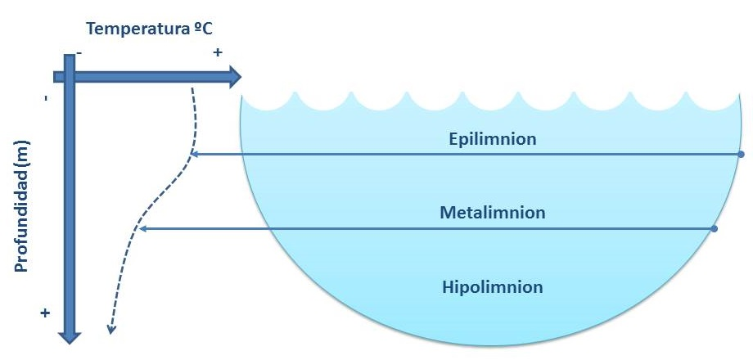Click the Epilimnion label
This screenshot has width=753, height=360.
[493, 139]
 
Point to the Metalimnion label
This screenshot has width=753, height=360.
[493, 213]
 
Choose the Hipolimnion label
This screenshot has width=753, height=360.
[493, 287]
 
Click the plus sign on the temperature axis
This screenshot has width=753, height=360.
[218, 52]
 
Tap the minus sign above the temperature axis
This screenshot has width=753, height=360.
[79, 52]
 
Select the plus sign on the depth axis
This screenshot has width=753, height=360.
[45, 313]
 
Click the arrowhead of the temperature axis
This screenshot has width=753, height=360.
[235, 77]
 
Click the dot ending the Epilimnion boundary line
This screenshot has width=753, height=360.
[741, 154]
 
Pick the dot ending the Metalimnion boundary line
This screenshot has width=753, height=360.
[715, 229]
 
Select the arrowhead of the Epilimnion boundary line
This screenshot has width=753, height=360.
[192, 154]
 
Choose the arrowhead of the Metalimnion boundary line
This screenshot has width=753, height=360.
[142, 229]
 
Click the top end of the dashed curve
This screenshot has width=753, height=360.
[192, 87]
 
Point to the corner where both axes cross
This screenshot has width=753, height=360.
[69, 77]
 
